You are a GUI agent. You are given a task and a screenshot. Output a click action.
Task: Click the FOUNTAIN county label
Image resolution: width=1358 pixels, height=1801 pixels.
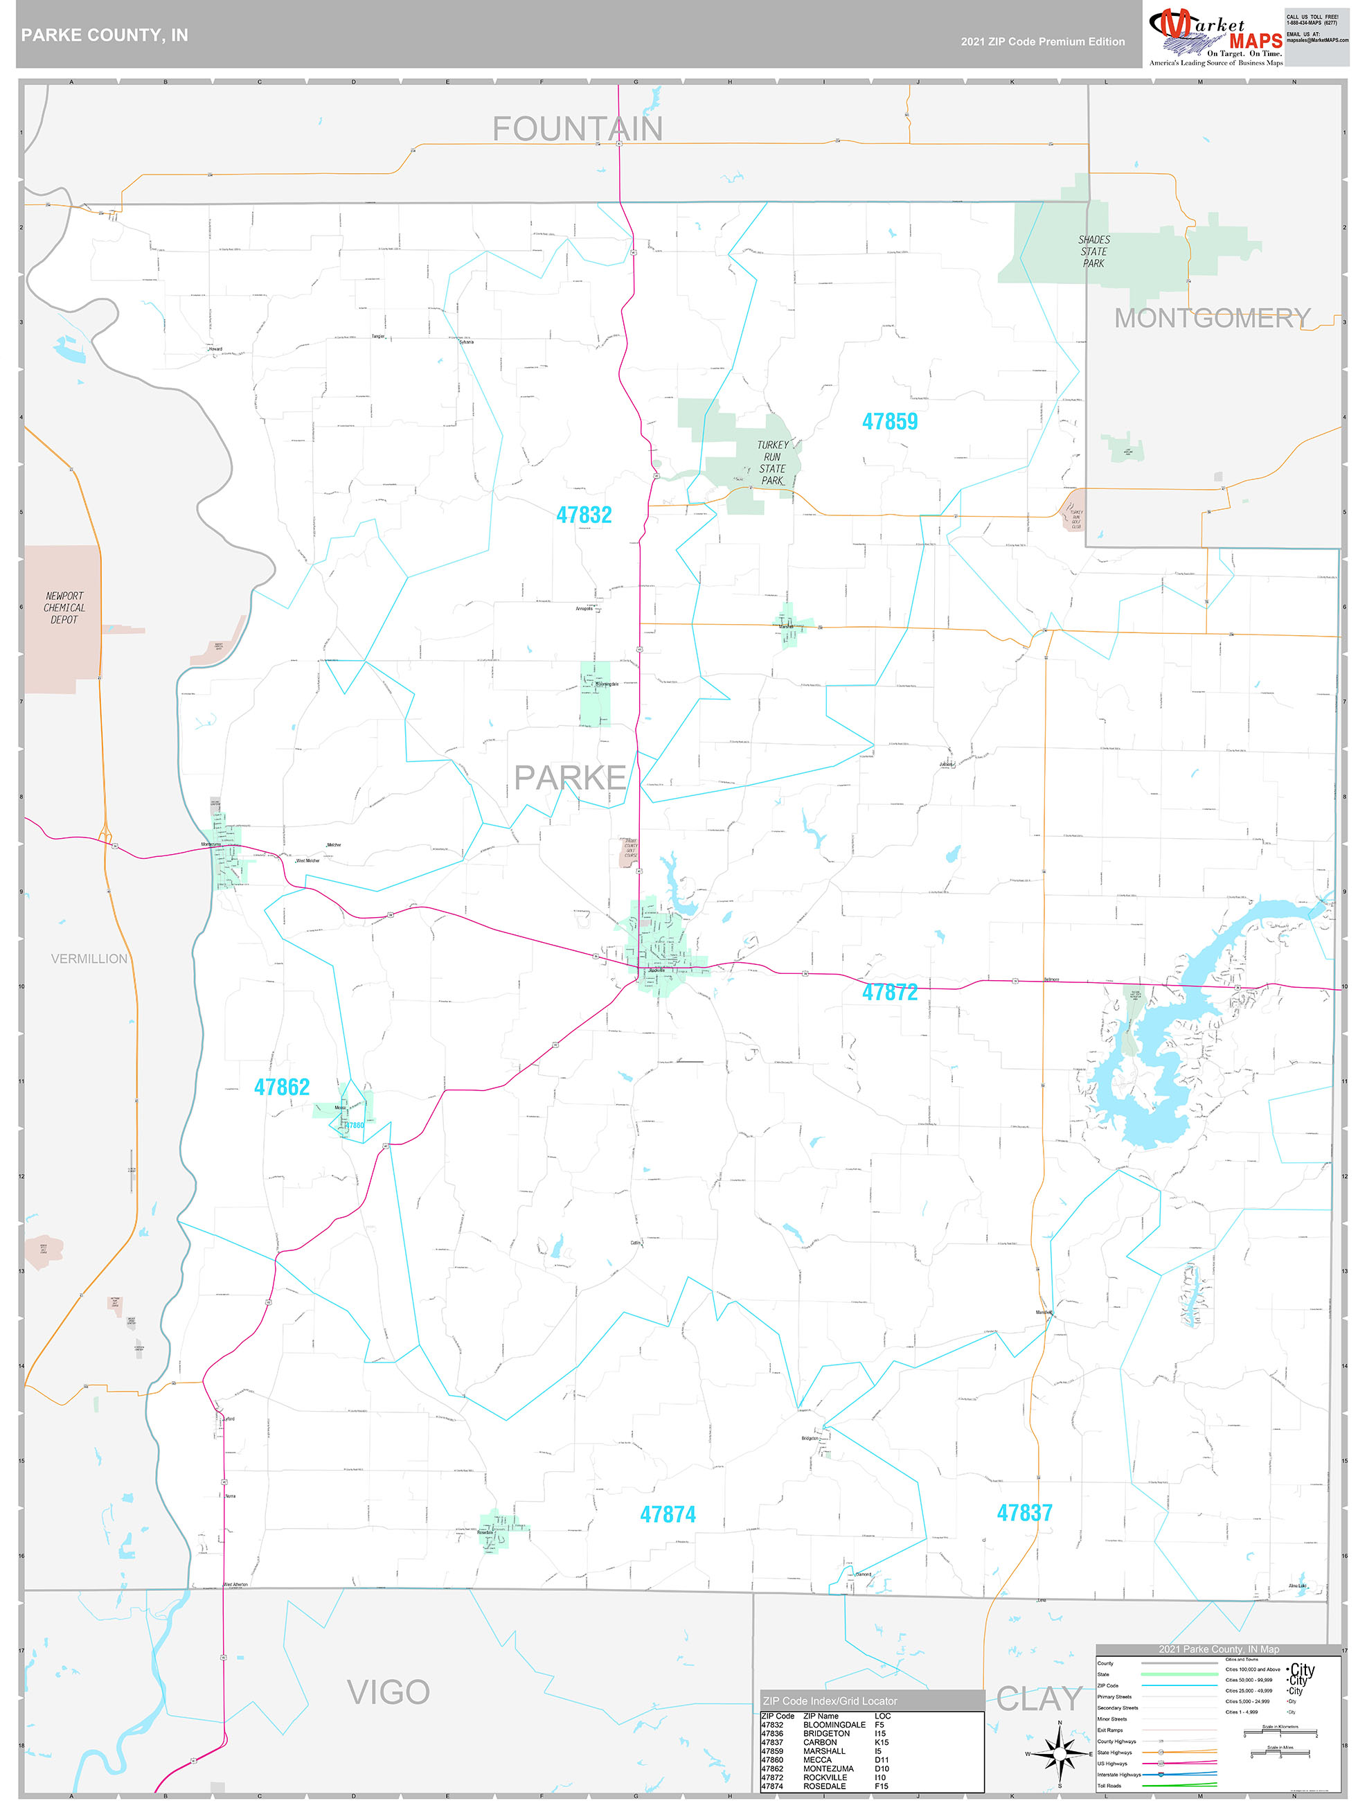578,129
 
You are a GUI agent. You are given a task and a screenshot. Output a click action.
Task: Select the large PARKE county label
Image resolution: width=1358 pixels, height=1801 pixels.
570,779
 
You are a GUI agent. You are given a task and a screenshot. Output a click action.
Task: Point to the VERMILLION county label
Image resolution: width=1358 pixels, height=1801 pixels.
89,959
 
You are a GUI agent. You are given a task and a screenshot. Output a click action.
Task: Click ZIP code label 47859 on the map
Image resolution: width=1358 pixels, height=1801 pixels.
889,422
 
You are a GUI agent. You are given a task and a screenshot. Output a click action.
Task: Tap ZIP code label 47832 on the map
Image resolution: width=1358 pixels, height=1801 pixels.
584,515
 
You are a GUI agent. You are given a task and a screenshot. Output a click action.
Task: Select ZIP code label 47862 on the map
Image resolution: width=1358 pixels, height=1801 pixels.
282,1088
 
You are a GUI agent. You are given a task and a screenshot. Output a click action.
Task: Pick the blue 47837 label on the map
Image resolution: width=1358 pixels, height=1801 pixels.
1024,1513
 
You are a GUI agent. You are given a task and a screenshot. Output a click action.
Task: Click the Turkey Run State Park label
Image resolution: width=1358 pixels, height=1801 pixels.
772,463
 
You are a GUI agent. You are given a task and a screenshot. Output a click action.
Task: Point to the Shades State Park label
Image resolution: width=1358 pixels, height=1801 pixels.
1093,251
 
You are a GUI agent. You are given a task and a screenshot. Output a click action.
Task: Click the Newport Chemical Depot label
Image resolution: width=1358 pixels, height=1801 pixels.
64,608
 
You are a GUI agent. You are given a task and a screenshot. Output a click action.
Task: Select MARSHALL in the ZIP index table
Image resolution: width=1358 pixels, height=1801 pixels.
824,1750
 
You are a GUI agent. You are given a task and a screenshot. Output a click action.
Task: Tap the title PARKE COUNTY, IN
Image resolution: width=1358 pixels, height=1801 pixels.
104,35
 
